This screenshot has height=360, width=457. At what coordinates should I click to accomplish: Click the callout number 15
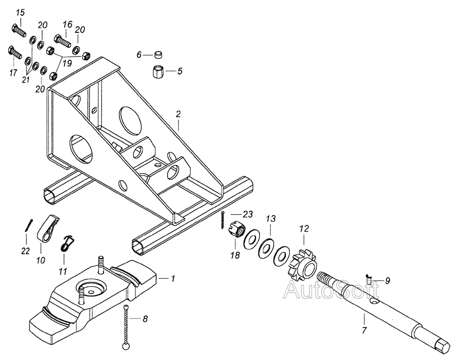[20, 13]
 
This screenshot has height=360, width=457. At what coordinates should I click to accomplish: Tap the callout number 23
[247, 215]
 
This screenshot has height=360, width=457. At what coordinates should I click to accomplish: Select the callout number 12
[304, 228]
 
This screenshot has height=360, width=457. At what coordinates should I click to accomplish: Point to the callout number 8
[145, 319]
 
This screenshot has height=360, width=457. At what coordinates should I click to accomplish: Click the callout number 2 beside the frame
[178, 114]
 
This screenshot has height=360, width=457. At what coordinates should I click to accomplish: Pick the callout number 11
[63, 271]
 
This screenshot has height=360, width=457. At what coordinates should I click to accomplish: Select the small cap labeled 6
[158, 54]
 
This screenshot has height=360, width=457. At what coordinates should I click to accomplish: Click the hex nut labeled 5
[158, 72]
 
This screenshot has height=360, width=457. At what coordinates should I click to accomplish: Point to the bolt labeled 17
[14, 53]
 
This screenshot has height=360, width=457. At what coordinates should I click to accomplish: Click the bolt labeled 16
[62, 41]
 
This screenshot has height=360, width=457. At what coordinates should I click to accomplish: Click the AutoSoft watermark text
[332, 289]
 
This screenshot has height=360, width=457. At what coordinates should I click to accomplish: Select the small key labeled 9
[369, 279]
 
